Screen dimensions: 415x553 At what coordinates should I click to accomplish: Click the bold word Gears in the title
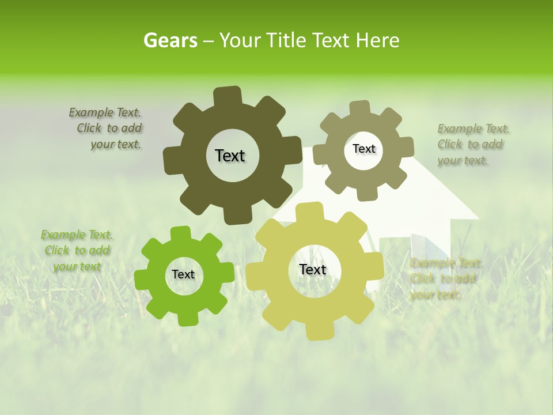[x=170, y=40]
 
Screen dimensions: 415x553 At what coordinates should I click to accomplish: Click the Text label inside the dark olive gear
[x=230, y=156]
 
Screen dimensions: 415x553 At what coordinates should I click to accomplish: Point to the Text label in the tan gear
[x=363, y=149]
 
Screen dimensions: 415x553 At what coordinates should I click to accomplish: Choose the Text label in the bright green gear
[x=183, y=275]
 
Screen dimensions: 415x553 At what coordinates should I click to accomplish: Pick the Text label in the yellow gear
[x=313, y=270]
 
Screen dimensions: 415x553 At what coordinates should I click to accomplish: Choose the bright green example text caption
[x=77, y=250]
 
